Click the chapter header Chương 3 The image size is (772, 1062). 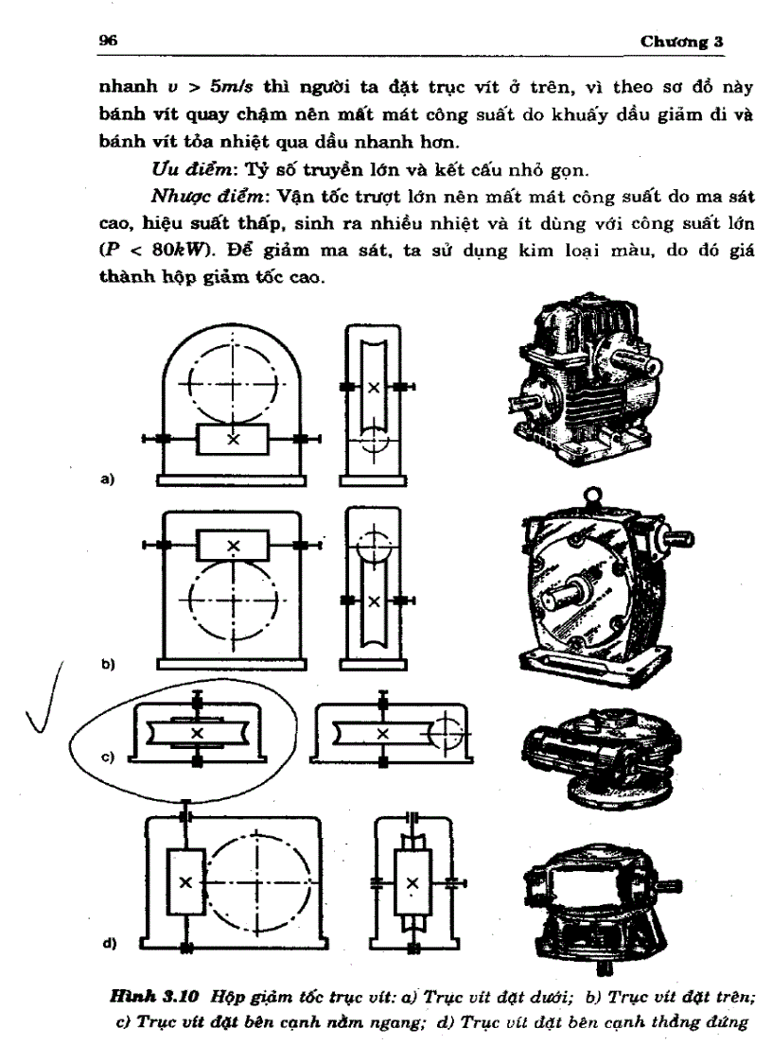681,42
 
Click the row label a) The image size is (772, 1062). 108,479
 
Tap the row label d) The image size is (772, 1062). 108,944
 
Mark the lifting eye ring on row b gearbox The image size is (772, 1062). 593,495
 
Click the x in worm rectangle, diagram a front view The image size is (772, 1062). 234,438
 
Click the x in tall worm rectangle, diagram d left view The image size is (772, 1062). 185,881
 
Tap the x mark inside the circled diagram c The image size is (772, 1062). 197,734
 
